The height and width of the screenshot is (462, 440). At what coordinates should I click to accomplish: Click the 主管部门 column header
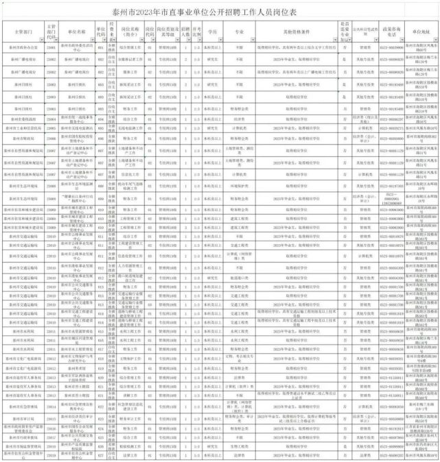23,32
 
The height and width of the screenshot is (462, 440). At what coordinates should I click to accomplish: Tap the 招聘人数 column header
185,32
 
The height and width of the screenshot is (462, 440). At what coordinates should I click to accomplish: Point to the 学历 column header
213,32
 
